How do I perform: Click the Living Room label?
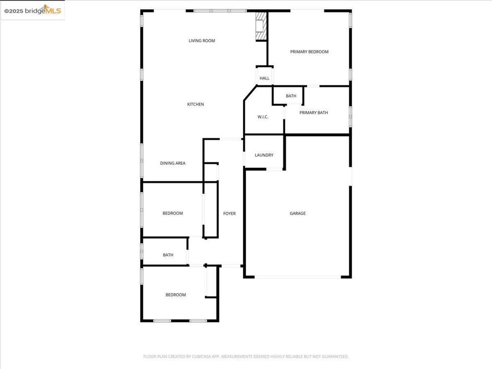pos(202,41)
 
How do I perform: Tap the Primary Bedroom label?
pos(309,52)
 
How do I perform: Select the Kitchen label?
pos(196,104)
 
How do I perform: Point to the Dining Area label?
pos(172,163)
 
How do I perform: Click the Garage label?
pos(297,213)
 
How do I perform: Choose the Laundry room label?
pos(264,155)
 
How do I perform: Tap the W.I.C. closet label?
pos(263,117)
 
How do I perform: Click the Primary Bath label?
pos(313,113)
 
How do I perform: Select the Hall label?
pos(264,78)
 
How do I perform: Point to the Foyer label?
pos(230,213)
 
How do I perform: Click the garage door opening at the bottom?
pos(297,277)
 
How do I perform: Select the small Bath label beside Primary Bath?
pos(291,96)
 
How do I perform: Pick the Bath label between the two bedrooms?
pos(168,255)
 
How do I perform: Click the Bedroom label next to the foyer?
pos(172,213)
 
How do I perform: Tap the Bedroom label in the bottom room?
pos(175,295)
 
